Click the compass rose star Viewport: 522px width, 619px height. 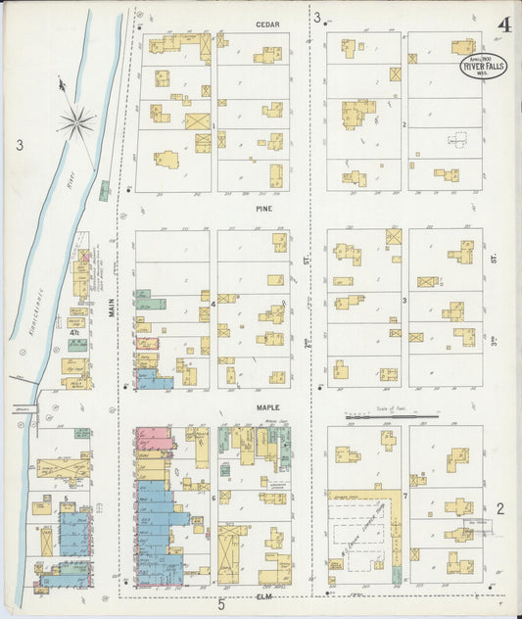coord(75,122)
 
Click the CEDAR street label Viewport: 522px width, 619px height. coord(266,24)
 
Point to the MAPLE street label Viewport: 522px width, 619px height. coord(266,406)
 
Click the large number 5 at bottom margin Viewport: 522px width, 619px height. coord(221,603)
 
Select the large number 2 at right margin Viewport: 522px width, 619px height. coord(499,507)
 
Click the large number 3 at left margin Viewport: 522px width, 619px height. coord(19,146)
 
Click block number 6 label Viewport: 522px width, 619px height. coord(213,499)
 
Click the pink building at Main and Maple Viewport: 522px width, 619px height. coord(153,438)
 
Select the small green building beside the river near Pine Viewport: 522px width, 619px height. coord(104,190)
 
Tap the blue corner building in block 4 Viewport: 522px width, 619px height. coord(155,382)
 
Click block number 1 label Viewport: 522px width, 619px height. coord(213,125)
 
